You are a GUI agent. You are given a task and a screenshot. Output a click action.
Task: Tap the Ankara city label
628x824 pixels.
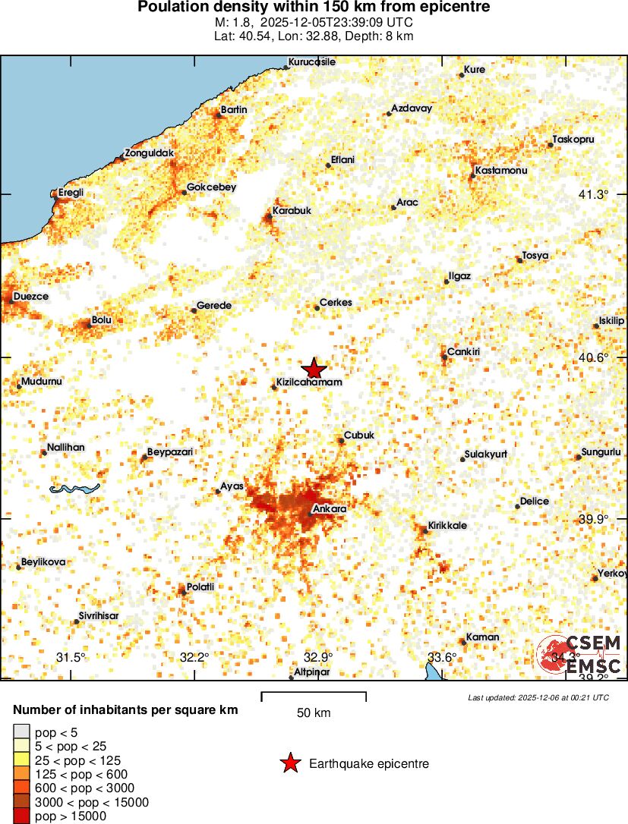(x=330, y=508)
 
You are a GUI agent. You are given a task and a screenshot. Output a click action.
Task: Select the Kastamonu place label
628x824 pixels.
(x=500, y=171)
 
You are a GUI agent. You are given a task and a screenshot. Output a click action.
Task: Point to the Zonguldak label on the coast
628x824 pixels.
(x=150, y=153)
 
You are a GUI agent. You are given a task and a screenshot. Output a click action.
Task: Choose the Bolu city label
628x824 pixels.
(x=102, y=320)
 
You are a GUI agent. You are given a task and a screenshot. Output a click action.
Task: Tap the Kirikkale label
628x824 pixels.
(x=447, y=525)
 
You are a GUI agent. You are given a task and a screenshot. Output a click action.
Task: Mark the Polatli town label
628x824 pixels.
(x=200, y=587)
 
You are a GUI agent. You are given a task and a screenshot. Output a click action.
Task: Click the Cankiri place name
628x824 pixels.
(x=463, y=352)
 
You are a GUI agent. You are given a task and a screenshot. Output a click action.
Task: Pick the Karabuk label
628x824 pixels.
(x=292, y=210)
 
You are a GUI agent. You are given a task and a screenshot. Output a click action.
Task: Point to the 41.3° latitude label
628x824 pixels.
(x=593, y=194)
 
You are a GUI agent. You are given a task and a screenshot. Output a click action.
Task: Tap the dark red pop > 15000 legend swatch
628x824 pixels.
(x=21, y=816)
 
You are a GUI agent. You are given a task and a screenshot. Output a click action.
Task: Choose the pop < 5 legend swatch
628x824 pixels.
(x=21, y=731)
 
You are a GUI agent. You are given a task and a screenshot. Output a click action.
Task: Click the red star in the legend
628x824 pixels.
(x=290, y=764)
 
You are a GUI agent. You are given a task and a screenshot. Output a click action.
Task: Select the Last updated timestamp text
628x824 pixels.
(x=538, y=697)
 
